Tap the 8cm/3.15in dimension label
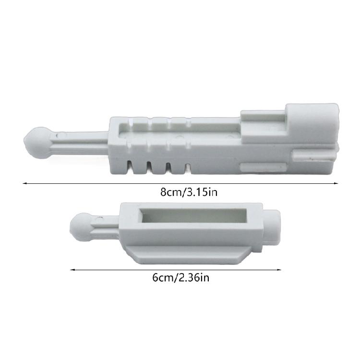coord(189,192)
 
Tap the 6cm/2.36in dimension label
coord(180,277)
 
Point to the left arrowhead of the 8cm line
coord(24,183)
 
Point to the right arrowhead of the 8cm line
coord(336,183)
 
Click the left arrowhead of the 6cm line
coord(72,270)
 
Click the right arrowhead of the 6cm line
coord(279,270)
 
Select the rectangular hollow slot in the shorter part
coord(194,216)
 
